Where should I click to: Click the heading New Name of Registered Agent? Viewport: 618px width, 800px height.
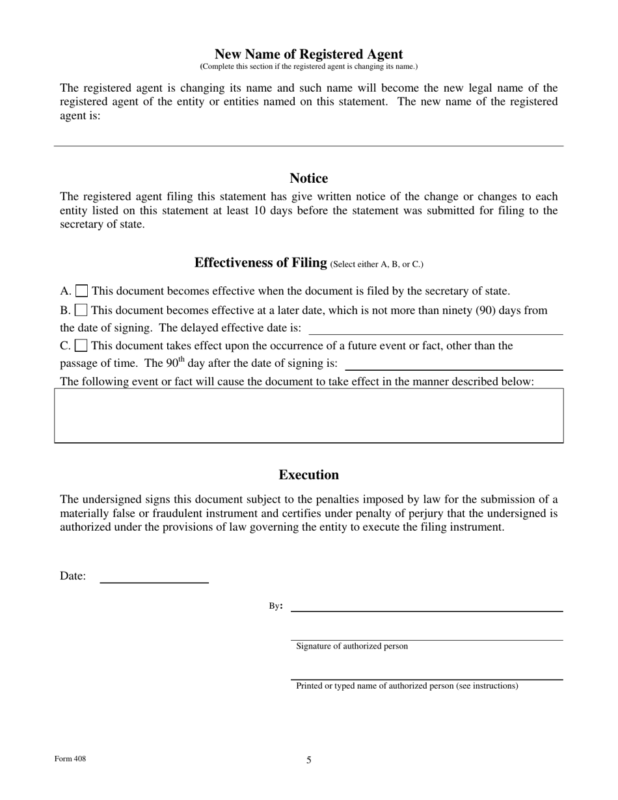point(308,55)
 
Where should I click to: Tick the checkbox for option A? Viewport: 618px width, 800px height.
point(82,291)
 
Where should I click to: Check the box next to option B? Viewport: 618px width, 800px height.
point(81,310)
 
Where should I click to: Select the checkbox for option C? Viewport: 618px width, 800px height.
point(81,345)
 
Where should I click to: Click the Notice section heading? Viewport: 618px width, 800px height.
point(308,178)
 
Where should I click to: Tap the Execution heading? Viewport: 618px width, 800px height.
point(308,475)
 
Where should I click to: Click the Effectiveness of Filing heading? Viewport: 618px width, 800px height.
point(260,263)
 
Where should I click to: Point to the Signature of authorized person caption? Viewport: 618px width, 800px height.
point(352,647)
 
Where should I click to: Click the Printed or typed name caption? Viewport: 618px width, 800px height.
point(407,686)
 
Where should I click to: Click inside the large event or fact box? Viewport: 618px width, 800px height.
point(308,416)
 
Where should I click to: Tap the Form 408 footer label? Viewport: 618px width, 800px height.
point(70,759)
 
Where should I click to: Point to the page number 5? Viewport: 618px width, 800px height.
point(309,760)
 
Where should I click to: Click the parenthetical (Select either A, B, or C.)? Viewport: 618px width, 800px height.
point(377,265)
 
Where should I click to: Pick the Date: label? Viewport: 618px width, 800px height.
point(73,576)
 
